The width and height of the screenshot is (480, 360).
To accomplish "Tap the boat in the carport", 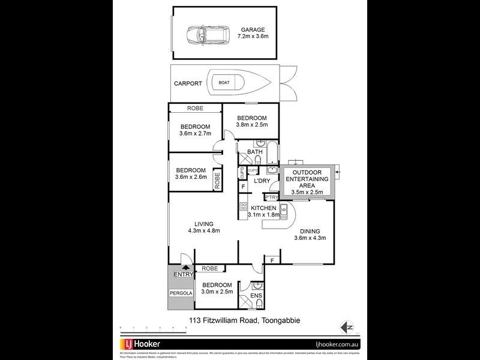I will (x=235, y=83).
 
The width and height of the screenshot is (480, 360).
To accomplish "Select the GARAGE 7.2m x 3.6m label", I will (x=253, y=34).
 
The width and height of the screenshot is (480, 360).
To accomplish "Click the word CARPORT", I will (x=188, y=83).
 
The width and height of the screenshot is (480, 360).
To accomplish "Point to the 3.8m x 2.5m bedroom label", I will (x=251, y=121).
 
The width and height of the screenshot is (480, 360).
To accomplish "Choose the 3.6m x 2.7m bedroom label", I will (x=195, y=130).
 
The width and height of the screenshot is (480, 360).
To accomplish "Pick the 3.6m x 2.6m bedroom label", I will (x=191, y=173).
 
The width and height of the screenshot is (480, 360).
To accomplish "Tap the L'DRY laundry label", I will (x=261, y=181).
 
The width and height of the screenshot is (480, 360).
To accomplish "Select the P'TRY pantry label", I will (x=271, y=197).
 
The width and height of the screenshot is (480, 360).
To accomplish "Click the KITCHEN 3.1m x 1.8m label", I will (x=263, y=211).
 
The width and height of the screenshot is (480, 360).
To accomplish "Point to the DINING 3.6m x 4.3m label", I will (x=309, y=235).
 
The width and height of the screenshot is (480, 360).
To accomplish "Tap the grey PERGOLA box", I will (x=180, y=293).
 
